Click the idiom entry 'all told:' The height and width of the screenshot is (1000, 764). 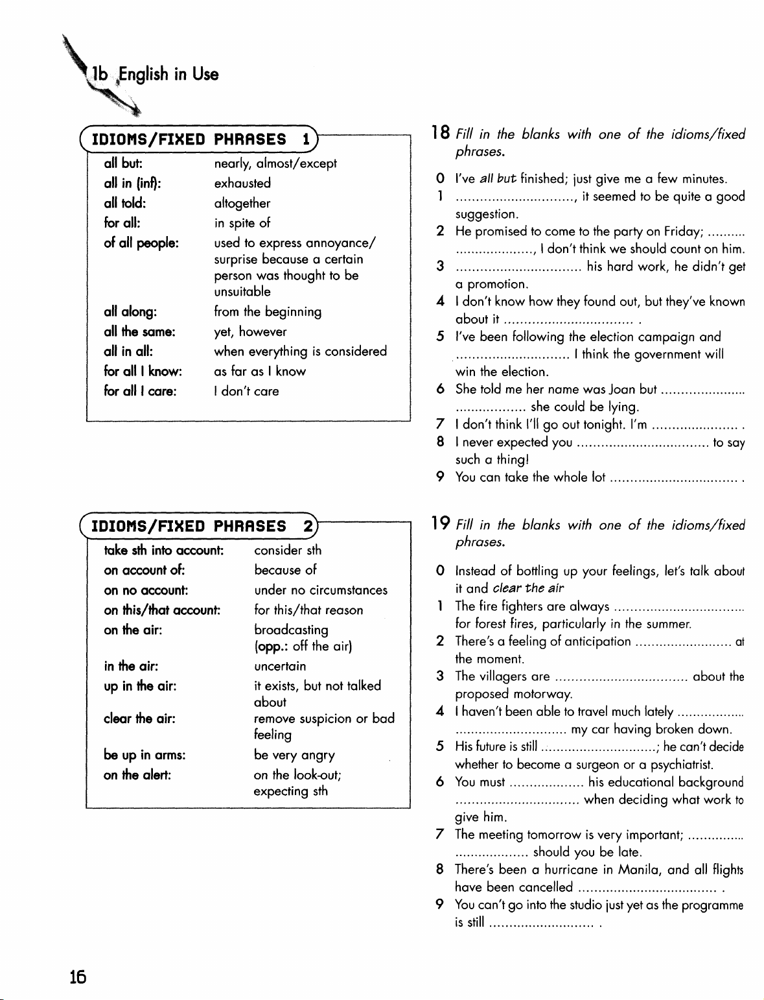pyautogui.click(x=124, y=203)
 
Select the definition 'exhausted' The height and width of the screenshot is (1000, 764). pyautogui.click(x=242, y=184)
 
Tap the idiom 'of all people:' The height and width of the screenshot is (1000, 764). pyautogui.click(x=141, y=243)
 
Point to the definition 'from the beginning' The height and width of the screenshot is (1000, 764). pyautogui.click(x=268, y=312)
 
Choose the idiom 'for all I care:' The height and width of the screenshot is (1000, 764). pyautogui.click(x=140, y=392)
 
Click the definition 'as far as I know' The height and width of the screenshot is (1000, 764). pyautogui.click(x=259, y=372)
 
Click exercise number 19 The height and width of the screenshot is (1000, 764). pyautogui.click(x=442, y=524)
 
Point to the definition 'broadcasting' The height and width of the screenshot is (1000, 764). pyautogui.click(x=291, y=630)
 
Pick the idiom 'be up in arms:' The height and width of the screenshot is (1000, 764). pyautogui.click(x=145, y=756)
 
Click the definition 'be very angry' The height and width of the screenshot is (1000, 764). pyautogui.click(x=294, y=756)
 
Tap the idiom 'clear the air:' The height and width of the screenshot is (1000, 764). pyautogui.click(x=140, y=719)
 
